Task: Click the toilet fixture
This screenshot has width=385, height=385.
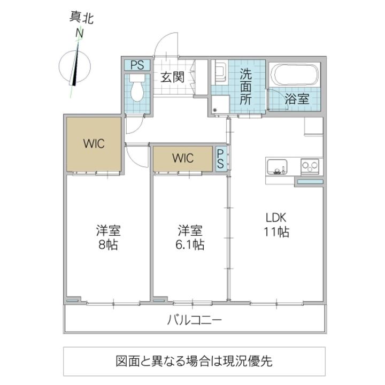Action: (137, 88)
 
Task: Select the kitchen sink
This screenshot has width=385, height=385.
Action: (277, 167)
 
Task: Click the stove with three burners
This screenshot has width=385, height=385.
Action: (310, 167)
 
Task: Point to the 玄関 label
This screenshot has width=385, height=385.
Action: (172, 77)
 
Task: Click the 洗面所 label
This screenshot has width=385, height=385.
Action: (245, 87)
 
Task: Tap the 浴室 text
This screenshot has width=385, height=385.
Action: (297, 99)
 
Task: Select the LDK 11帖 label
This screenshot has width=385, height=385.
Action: (276, 225)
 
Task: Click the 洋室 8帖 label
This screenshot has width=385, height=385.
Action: (108, 237)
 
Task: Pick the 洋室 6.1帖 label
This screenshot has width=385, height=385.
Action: (190, 237)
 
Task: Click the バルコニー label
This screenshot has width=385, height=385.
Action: (195, 320)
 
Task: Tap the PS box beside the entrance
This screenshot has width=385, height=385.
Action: (137, 65)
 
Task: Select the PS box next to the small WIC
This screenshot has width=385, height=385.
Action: (220, 159)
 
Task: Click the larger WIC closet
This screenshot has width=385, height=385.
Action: (94, 144)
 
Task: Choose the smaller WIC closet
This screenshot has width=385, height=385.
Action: (183, 159)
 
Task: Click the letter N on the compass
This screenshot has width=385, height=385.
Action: (79, 33)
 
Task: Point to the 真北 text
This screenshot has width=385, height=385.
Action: (81, 18)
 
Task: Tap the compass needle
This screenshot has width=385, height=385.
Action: (75, 63)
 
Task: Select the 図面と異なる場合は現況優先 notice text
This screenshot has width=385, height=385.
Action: (194, 361)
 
